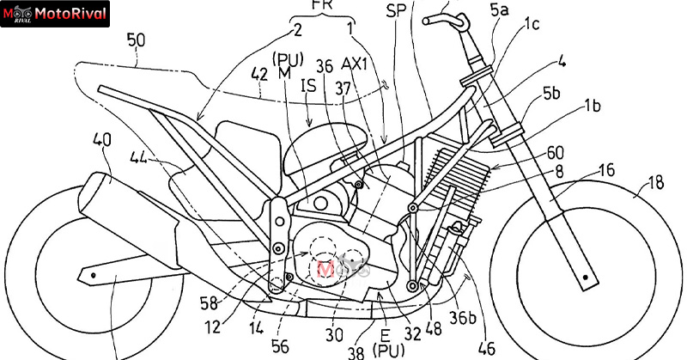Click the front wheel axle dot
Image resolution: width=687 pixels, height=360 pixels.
(x=587, y=277)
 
